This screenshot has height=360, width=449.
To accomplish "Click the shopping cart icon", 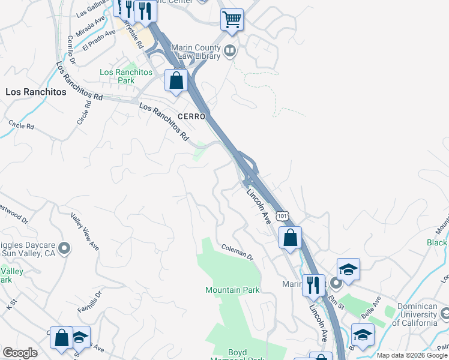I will (x=232, y=19).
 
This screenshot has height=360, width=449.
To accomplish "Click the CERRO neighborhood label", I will (x=191, y=116).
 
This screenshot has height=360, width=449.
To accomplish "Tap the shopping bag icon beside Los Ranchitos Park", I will (x=176, y=80).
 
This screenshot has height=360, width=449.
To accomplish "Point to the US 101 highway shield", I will (x=282, y=215).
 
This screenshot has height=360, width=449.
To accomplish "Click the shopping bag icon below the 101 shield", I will (x=290, y=237).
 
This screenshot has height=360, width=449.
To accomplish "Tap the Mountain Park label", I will (x=232, y=290).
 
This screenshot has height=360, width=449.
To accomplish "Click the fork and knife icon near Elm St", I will (x=313, y=285).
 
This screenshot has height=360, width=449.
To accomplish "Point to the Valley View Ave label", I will (x=85, y=232).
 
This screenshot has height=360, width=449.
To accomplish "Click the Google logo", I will (x=20, y=352).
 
